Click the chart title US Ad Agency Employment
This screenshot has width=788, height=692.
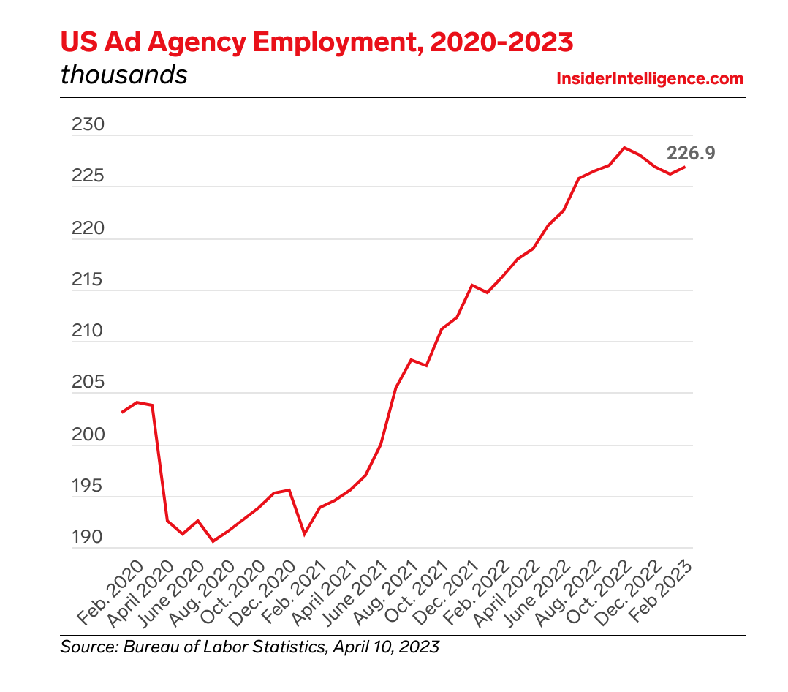(317, 42)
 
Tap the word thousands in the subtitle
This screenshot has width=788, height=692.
(124, 75)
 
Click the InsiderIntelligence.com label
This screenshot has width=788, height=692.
(650, 78)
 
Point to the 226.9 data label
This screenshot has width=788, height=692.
(690, 153)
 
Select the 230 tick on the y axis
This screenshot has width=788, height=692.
(88, 125)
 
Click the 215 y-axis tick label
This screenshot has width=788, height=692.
(88, 281)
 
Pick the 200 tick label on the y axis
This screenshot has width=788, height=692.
(88, 435)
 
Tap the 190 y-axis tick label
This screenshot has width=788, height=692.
(88, 538)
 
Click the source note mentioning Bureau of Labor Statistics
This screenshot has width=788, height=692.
(250, 647)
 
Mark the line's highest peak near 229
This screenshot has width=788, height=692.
(624, 148)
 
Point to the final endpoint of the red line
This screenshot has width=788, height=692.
(685, 167)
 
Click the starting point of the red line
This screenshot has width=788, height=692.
(122, 413)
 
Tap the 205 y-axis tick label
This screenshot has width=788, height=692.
(88, 383)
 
